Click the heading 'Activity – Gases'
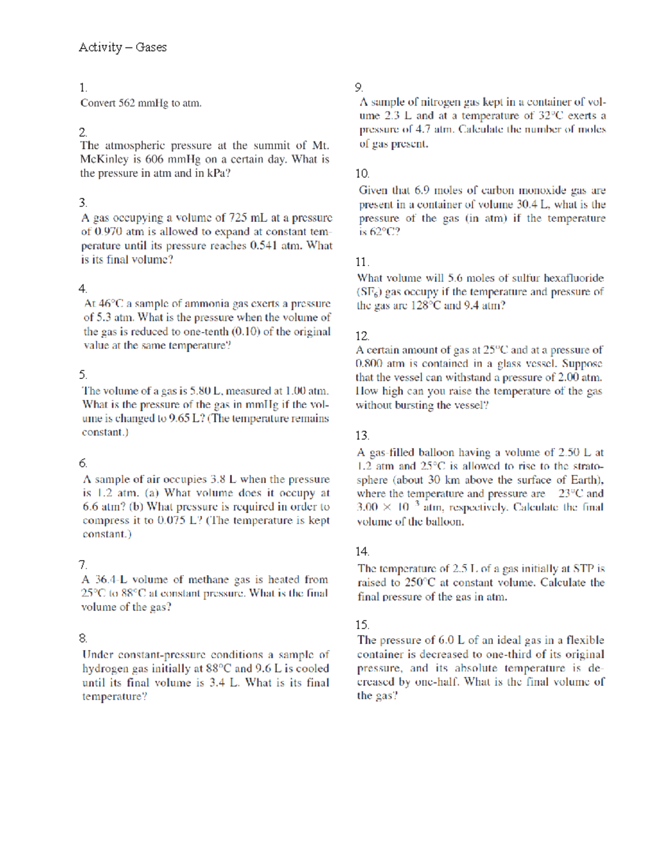[122, 47]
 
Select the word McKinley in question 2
[104, 159]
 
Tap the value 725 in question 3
[238, 217]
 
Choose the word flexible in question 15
[585, 640]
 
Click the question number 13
[362, 435]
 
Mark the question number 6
[83, 463]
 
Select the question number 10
[362, 173]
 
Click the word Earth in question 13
[586, 480]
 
